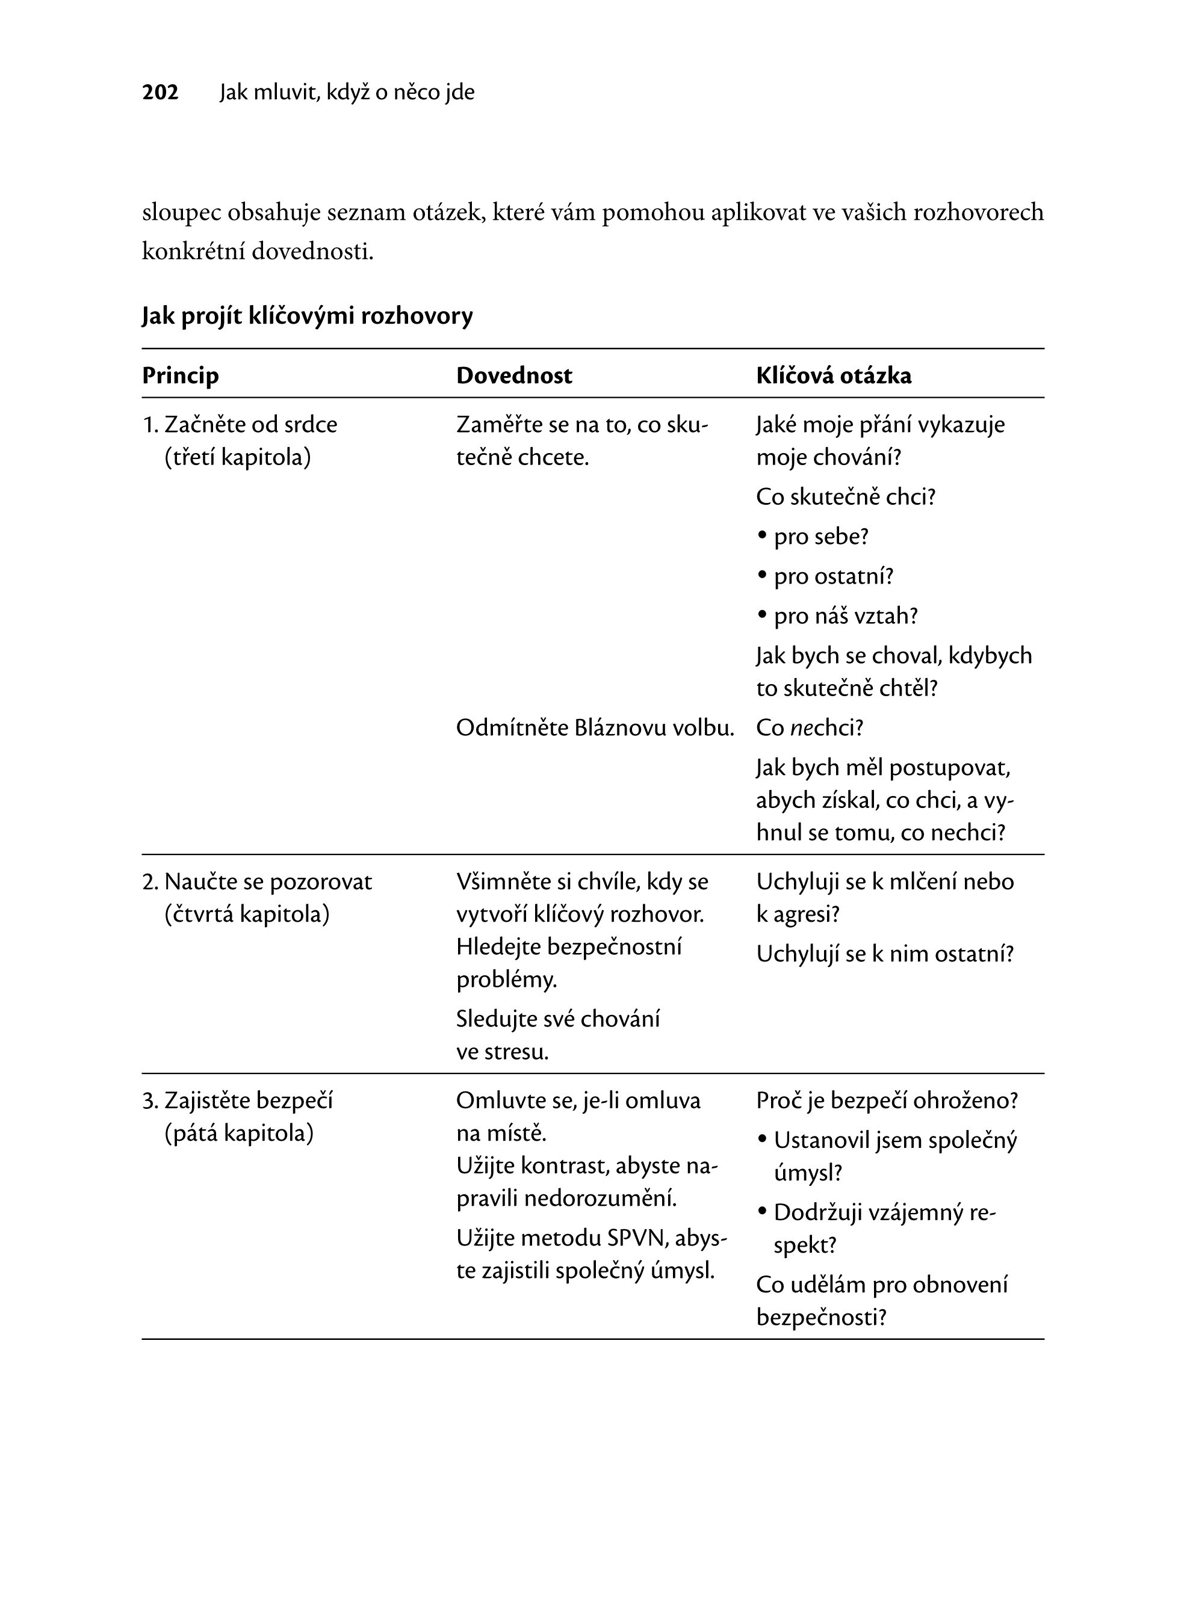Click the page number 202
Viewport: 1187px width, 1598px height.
pos(160,92)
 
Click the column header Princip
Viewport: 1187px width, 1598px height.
pos(181,375)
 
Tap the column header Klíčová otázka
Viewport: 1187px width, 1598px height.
pos(834,375)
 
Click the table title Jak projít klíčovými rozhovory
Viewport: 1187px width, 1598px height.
pos(307,316)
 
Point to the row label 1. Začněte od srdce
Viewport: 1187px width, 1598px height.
pos(240,424)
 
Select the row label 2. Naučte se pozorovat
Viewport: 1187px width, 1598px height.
pos(257,881)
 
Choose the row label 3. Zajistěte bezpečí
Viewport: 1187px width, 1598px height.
pos(238,1100)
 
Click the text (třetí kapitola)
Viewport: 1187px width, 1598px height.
pos(238,457)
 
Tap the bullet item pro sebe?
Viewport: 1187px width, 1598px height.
pos(821,537)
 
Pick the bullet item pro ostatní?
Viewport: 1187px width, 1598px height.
pos(834,576)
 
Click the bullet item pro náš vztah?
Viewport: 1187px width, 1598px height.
pos(846,616)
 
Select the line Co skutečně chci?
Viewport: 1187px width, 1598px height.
pos(846,497)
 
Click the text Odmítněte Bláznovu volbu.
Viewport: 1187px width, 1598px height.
pos(595,728)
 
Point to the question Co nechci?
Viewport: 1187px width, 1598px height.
pos(809,728)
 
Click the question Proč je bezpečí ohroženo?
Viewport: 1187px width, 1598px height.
pos(887,1100)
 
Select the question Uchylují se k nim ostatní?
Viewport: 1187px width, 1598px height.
pos(884,954)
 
